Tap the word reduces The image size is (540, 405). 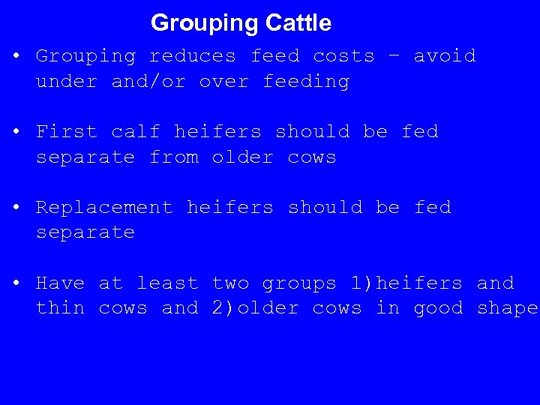point(192,56)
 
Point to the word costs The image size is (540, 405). point(343,56)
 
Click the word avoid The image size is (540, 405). point(445,56)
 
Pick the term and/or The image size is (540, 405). point(148,81)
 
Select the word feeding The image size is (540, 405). point(306,81)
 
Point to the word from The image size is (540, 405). point(173,157)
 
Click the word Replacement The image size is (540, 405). point(104,208)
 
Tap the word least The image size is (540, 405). point(167,283)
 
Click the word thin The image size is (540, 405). point(60,308)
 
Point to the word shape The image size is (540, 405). point(508,309)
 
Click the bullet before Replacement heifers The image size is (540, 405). point(16,208)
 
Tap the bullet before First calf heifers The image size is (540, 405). point(16,132)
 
